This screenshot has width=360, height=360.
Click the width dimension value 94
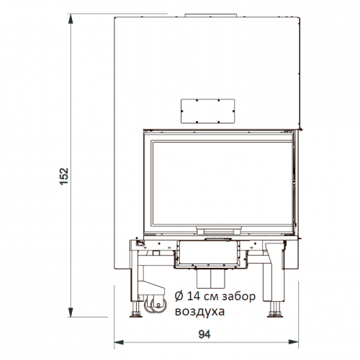coord(206,335)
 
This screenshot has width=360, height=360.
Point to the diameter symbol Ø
coord(179,297)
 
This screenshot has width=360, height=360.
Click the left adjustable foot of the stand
coord(135,312)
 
